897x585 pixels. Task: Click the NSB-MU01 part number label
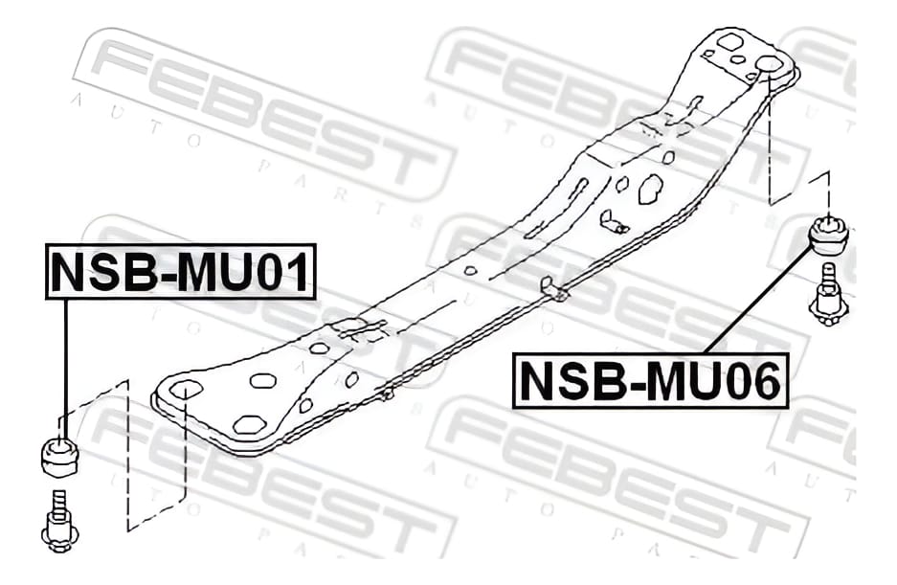pyautogui.click(x=180, y=271)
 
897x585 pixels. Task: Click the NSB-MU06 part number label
pyautogui.click(x=650, y=381)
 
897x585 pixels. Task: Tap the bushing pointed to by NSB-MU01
pyautogui.click(x=59, y=455)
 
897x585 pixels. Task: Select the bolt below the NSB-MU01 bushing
pyautogui.click(x=59, y=522)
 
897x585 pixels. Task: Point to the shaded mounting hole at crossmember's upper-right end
pyautogui.click(x=768, y=66)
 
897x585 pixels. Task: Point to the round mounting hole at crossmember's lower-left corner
pyautogui.click(x=187, y=390)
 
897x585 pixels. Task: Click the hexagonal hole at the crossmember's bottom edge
pyautogui.click(x=250, y=425)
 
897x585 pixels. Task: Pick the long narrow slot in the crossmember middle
pyautogui.click(x=556, y=209)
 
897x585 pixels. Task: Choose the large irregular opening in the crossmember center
pyautogui.click(x=650, y=189)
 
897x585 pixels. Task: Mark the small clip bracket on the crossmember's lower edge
pyautogui.click(x=553, y=289)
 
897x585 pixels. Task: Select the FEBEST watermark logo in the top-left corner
pyautogui.click(x=264, y=115)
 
